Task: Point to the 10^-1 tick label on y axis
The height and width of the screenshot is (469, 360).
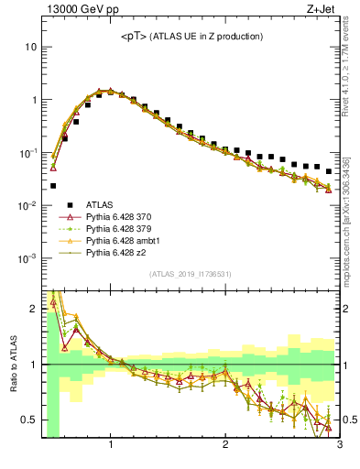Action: tap(27, 152)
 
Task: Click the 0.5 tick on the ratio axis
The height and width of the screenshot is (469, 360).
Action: tap(29, 420)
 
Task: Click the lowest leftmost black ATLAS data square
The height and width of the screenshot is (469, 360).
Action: tap(53, 186)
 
